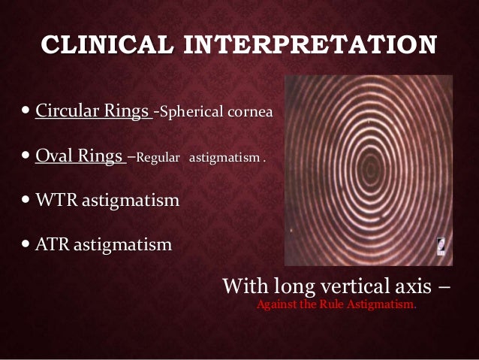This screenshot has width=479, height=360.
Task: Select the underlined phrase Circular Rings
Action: point(92,113)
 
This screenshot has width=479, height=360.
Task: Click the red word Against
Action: point(277,307)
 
